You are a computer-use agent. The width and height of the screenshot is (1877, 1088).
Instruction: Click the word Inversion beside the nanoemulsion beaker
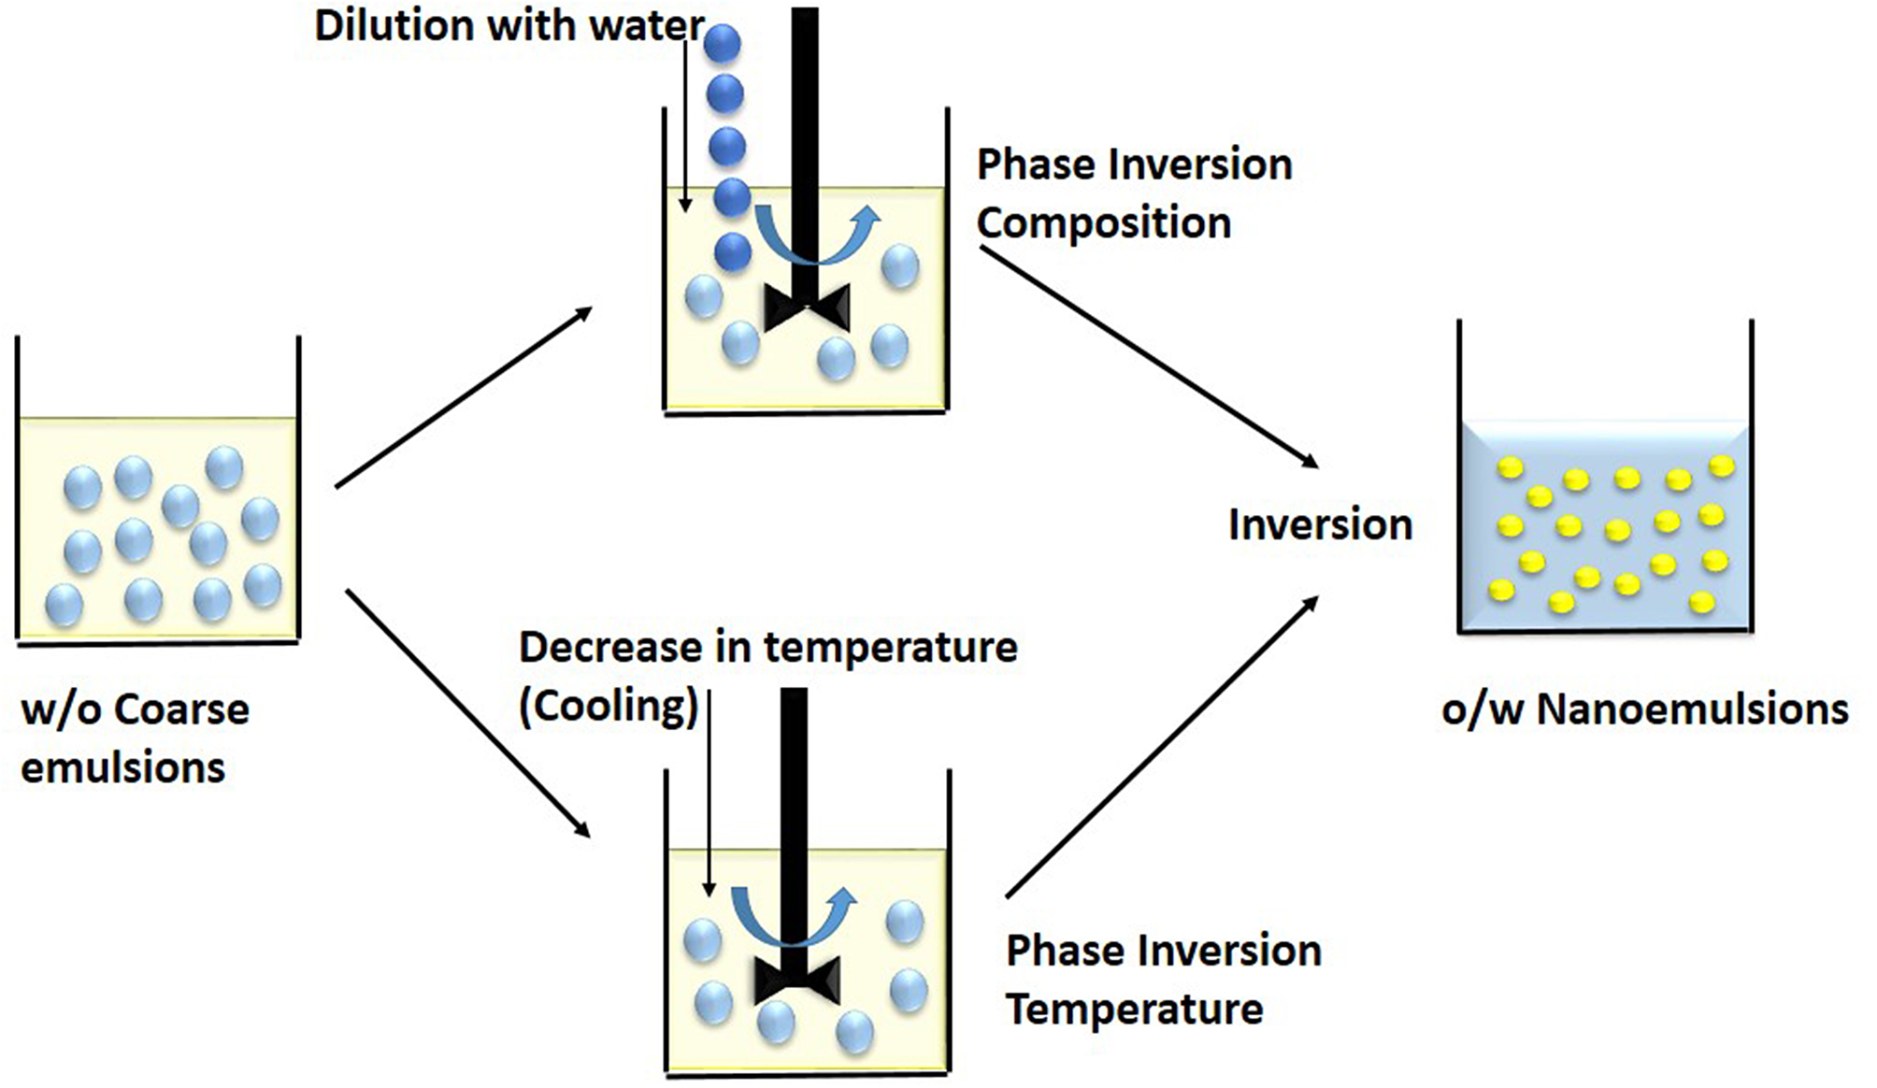tap(1319, 524)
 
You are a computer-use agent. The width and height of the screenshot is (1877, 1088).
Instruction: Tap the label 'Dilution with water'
tap(509, 25)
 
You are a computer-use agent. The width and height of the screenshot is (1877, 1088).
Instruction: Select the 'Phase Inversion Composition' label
tap(1133, 193)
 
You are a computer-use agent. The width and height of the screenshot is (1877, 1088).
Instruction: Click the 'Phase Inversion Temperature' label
tap(1162, 980)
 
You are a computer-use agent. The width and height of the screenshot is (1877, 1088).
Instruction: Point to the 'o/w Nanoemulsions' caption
tap(1644, 709)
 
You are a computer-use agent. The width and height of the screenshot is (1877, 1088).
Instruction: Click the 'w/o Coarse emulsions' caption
tap(134, 738)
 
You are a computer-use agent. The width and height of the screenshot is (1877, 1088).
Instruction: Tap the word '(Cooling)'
tap(609, 706)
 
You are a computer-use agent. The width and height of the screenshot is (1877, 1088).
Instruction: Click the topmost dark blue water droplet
tap(723, 43)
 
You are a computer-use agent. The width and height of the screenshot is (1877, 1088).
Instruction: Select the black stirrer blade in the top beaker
tap(807, 306)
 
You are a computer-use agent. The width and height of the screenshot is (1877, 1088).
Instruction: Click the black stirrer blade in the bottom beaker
tap(796, 981)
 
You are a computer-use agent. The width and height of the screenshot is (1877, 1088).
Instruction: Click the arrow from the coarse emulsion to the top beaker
tap(464, 397)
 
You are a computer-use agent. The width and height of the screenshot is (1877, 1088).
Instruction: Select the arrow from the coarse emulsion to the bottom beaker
tap(467, 712)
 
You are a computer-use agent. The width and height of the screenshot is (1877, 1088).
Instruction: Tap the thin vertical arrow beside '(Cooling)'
tap(709, 795)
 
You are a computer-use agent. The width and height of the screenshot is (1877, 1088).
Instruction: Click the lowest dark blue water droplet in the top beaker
tap(732, 251)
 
